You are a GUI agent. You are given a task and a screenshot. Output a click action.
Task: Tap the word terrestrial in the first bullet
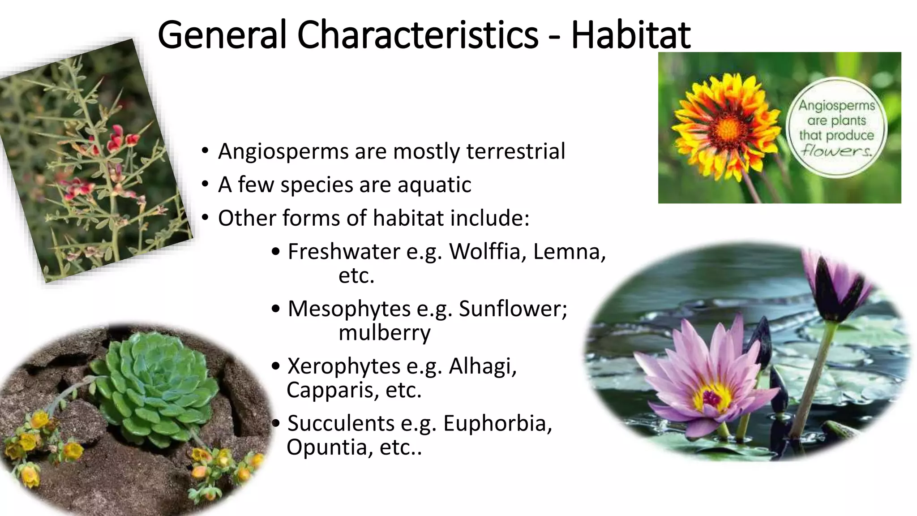point(515,151)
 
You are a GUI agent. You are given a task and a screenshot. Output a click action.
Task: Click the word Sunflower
point(512,309)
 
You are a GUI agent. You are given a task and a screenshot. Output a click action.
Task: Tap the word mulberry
point(384,333)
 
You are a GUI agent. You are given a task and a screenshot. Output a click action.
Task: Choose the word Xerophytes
point(344,366)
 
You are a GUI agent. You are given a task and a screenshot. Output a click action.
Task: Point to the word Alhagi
point(483,366)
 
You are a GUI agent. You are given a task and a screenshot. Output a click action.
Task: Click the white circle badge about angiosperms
point(836,128)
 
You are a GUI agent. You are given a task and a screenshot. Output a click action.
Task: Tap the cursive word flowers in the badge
point(836,150)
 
